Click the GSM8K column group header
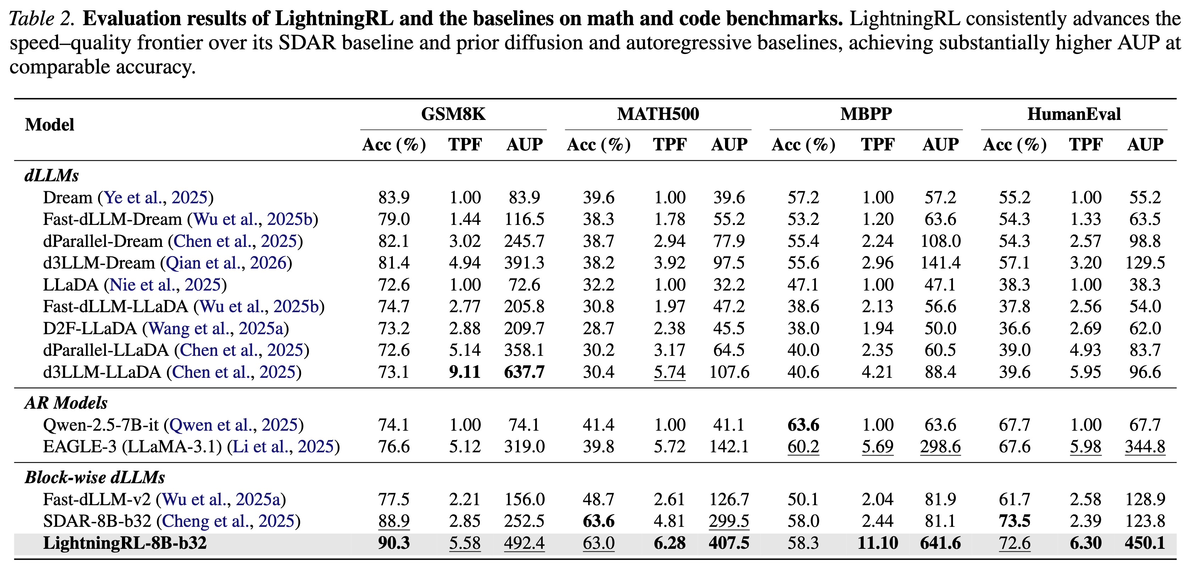(453, 114)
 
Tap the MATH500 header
(658, 114)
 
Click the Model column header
(49, 125)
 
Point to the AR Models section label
(66, 403)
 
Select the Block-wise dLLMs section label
(94, 477)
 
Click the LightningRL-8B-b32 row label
(124, 543)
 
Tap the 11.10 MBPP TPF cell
(877, 543)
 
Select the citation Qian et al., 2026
(226, 263)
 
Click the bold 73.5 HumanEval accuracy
(1014, 521)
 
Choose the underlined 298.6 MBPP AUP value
(940, 447)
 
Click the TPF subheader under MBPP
(877, 145)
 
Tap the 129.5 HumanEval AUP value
(1144, 263)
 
